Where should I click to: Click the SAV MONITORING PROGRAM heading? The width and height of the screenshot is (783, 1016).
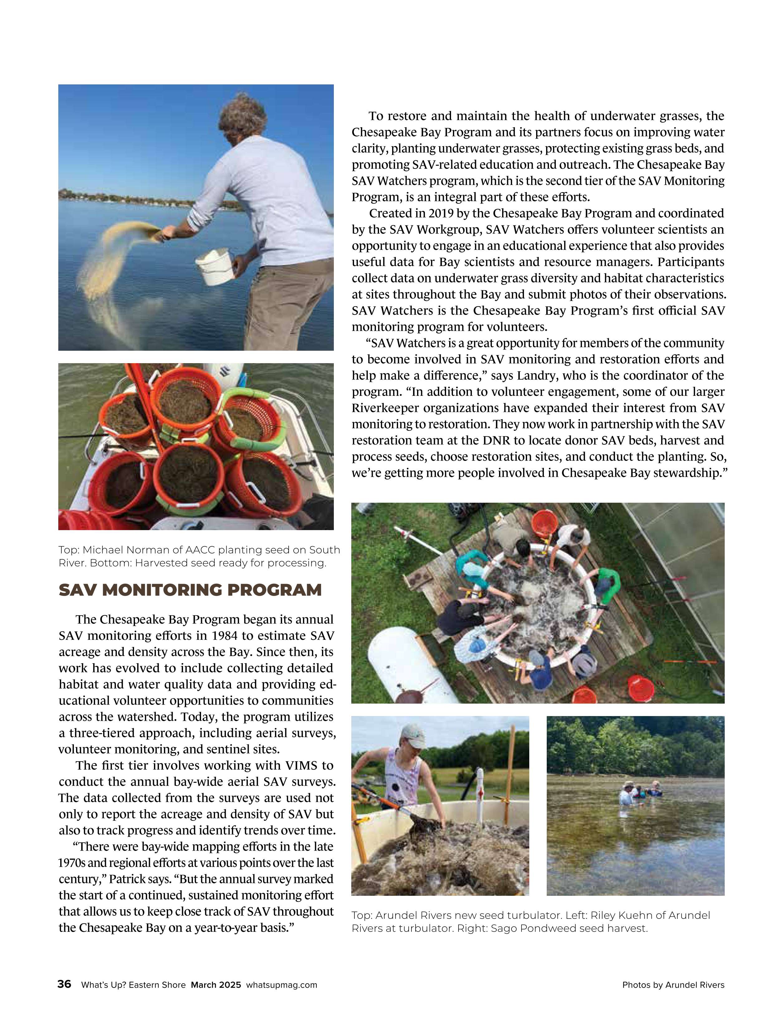click(x=190, y=590)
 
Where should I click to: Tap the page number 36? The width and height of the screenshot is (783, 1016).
click(x=64, y=984)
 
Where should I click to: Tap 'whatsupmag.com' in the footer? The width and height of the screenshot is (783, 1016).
click(x=281, y=985)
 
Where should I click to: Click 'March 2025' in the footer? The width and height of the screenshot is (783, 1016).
click(x=216, y=985)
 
